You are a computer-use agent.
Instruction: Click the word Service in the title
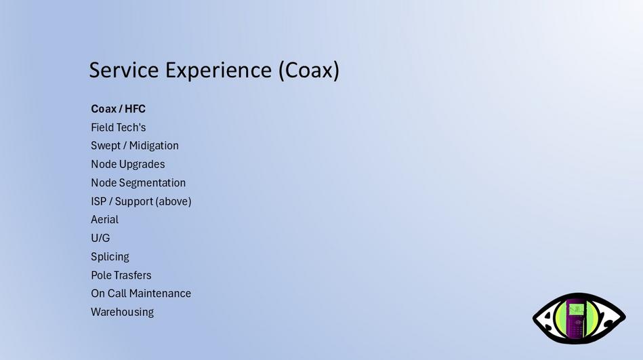click(x=124, y=70)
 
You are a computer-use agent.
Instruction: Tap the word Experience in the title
click(x=218, y=71)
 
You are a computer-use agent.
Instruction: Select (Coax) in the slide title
click(x=309, y=71)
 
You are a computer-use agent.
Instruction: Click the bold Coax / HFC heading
click(x=118, y=108)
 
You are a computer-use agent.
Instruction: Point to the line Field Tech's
click(x=118, y=127)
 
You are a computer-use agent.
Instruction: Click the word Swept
click(x=106, y=146)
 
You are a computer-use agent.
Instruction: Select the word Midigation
click(x=154, y=146)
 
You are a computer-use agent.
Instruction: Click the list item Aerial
click(x=104, y=220)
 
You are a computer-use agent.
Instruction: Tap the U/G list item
click(x=100, y=238)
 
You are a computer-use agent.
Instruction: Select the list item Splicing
click(x=110, y=257)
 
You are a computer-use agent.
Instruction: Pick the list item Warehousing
click(x=122, y=313)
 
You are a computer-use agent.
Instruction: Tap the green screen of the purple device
click(x=577, y=310)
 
